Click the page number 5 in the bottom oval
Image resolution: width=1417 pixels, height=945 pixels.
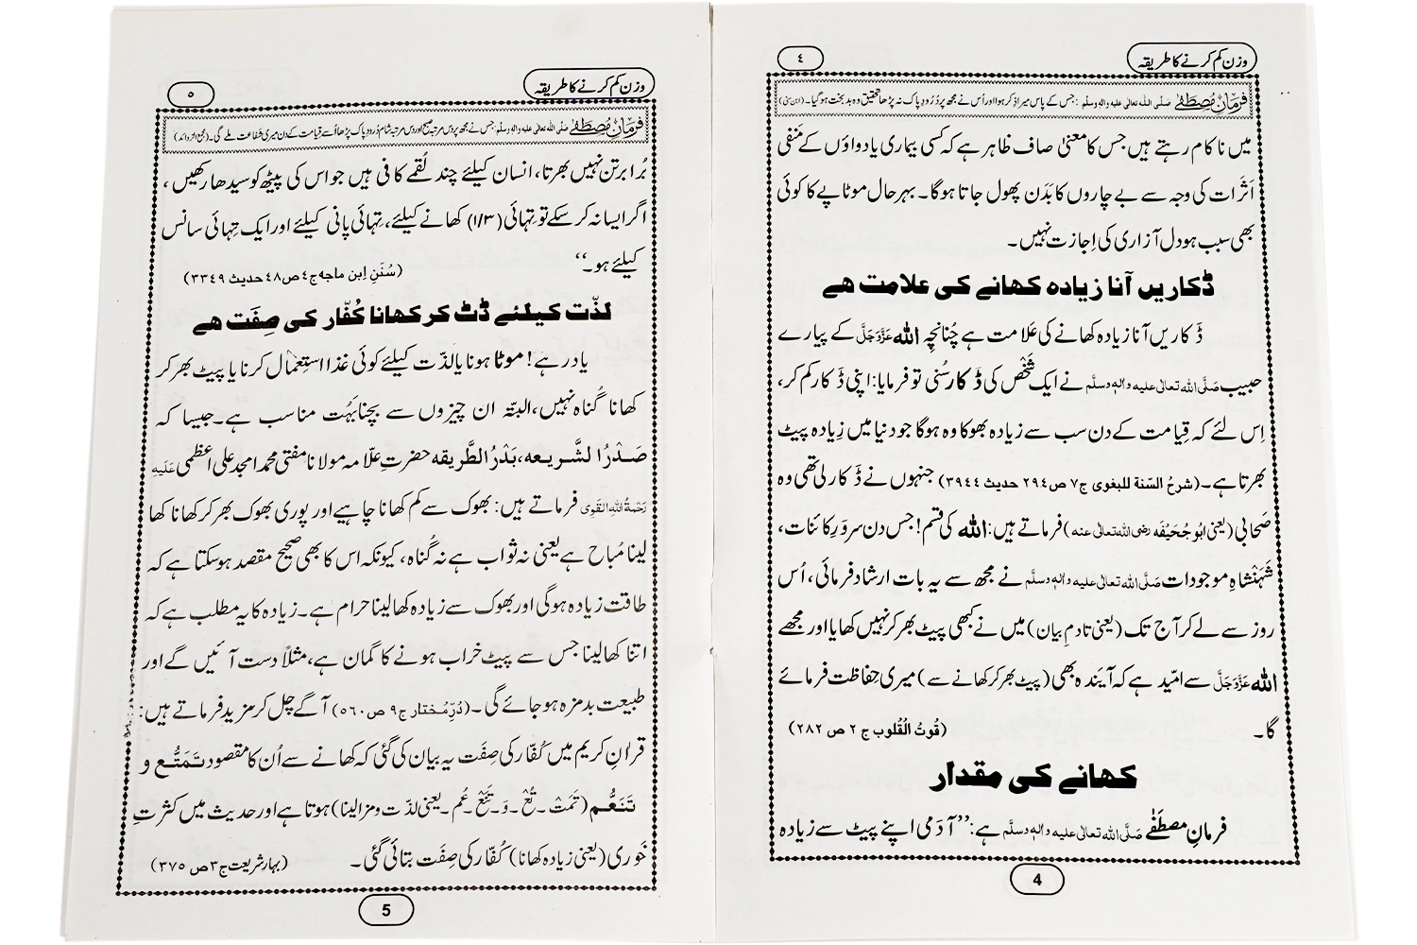[384, 911]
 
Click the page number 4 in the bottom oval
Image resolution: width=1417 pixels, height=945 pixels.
[1037, 881]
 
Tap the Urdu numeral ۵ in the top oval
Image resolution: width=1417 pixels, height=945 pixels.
[192, 94]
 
